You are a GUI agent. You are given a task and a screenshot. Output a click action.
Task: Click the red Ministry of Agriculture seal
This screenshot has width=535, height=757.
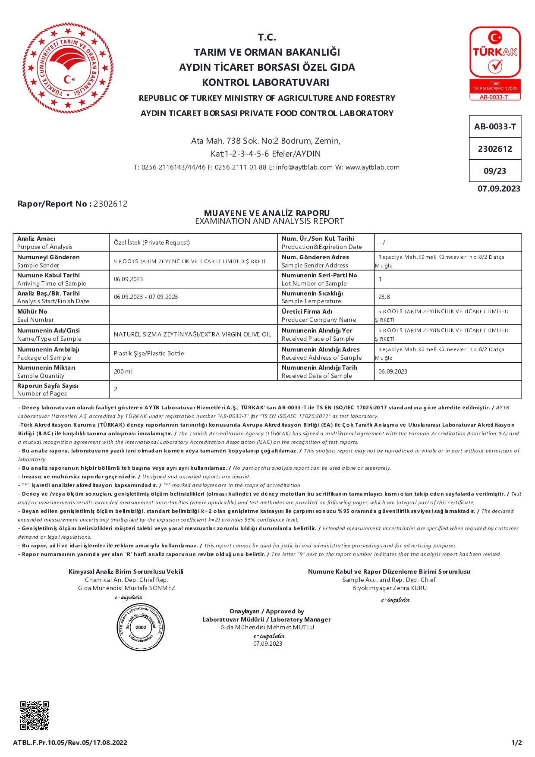pyautogui.click(x=68, y=68)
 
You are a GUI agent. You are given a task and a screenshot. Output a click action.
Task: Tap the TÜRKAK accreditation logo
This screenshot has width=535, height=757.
pyautogui.click(x=495, y=63)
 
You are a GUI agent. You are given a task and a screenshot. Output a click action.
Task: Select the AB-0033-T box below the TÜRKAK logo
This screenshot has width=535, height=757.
pyautogui.click(x=495, y=127)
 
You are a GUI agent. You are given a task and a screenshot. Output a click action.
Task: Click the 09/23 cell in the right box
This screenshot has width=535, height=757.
pyautogui.click(x=495, y=171)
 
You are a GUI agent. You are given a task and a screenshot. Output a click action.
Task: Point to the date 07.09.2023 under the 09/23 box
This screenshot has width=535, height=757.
pyautogui.click(x=499, y=189)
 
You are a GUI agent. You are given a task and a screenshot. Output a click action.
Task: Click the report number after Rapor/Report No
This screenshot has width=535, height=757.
pyautogui.click(x=110, y=204)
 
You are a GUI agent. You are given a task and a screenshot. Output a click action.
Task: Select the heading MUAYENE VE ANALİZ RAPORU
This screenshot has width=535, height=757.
pyautogui.click(x=267, y=213)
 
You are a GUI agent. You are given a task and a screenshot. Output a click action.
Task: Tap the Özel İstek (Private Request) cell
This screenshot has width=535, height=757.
pyautogui.click(x=152, y=243)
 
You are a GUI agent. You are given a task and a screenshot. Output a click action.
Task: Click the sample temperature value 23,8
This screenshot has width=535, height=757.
pyautogui.click(x=384, y=297)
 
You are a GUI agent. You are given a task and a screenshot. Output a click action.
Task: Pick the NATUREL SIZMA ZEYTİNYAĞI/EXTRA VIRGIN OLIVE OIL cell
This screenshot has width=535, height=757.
pyautogui.click(x=192, y=334)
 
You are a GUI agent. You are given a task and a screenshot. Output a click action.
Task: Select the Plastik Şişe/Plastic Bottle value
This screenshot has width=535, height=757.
pyautogui.click(x=149, y=353)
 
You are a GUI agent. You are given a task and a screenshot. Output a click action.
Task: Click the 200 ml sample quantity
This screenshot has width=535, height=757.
pyautogui.click(x=123, y=371)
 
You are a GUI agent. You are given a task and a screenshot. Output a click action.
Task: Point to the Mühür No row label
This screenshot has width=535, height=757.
pyautogui.click(x=32, y=311)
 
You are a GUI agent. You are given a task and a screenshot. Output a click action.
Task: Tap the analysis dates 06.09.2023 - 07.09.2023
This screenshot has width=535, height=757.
pyautogui.click(x=146, y=297)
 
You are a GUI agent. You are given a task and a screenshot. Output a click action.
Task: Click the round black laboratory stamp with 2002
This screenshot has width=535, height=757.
pyautogui.click(x=141, y=627)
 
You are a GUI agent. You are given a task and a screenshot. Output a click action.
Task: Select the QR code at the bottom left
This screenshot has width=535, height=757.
pyautogui.click(x=35, y=715)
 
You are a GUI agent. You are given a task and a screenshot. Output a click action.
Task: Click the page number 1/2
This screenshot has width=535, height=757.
pyautogui.click(x=516, y=743)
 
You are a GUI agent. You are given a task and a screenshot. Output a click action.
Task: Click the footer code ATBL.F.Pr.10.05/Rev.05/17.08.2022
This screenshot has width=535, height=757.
pyautogui.click(x=70, y=743)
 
